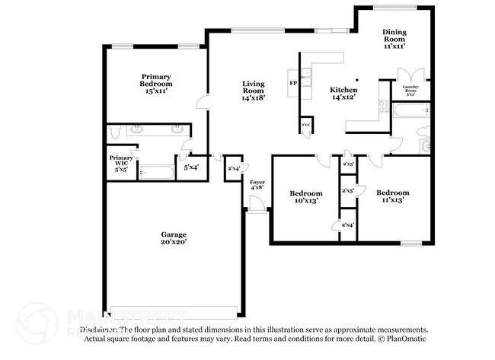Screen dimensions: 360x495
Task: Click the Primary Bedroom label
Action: pos(156,83)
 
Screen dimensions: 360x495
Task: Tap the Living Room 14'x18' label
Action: pos(253,91)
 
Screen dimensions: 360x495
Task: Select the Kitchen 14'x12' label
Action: pos(343,94)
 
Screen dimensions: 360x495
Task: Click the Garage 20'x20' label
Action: pos(174,238)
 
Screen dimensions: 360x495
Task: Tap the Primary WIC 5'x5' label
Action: pos(121,164)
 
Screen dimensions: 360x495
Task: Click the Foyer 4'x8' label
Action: pos(257,186)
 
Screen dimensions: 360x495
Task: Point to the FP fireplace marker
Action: pos(292,82)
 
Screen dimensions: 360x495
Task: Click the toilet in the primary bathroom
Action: pos(115,132)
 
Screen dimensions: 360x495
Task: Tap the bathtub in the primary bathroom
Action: pos(157,172)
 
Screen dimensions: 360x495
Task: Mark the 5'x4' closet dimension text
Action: pos(190,167)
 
